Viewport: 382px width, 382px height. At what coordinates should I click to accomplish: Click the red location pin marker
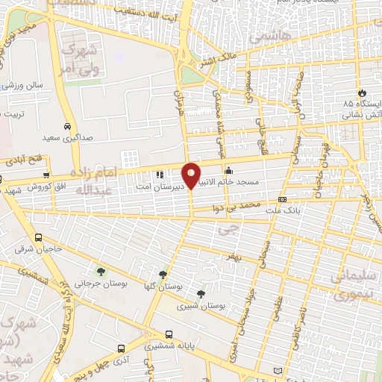point(191,175)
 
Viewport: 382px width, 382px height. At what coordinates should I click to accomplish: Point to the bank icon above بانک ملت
point(282,199)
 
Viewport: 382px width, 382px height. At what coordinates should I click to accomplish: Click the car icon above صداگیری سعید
point(69,125)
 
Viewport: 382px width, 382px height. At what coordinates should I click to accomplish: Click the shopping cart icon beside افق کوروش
point(2,179)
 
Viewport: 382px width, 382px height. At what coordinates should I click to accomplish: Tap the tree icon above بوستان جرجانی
point(101,271)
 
